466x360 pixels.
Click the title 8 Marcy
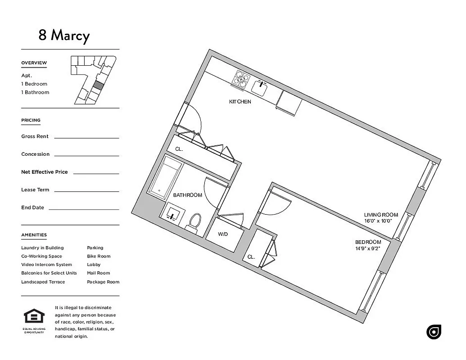(64, 35)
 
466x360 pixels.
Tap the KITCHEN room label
(240, 102)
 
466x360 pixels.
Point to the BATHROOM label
(187, 195)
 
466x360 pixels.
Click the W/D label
(223, 234)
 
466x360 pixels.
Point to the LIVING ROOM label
(381, 215)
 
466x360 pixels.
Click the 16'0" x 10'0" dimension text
(378, 221)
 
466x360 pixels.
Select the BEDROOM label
(368, 242)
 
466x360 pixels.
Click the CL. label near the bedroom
(251, 257)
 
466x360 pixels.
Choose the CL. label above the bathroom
(179, 149)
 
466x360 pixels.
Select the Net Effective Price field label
(44, 172)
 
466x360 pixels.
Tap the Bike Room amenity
(99, 256)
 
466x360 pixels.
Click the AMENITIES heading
(34, 235)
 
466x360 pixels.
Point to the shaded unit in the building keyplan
(98, 86)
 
